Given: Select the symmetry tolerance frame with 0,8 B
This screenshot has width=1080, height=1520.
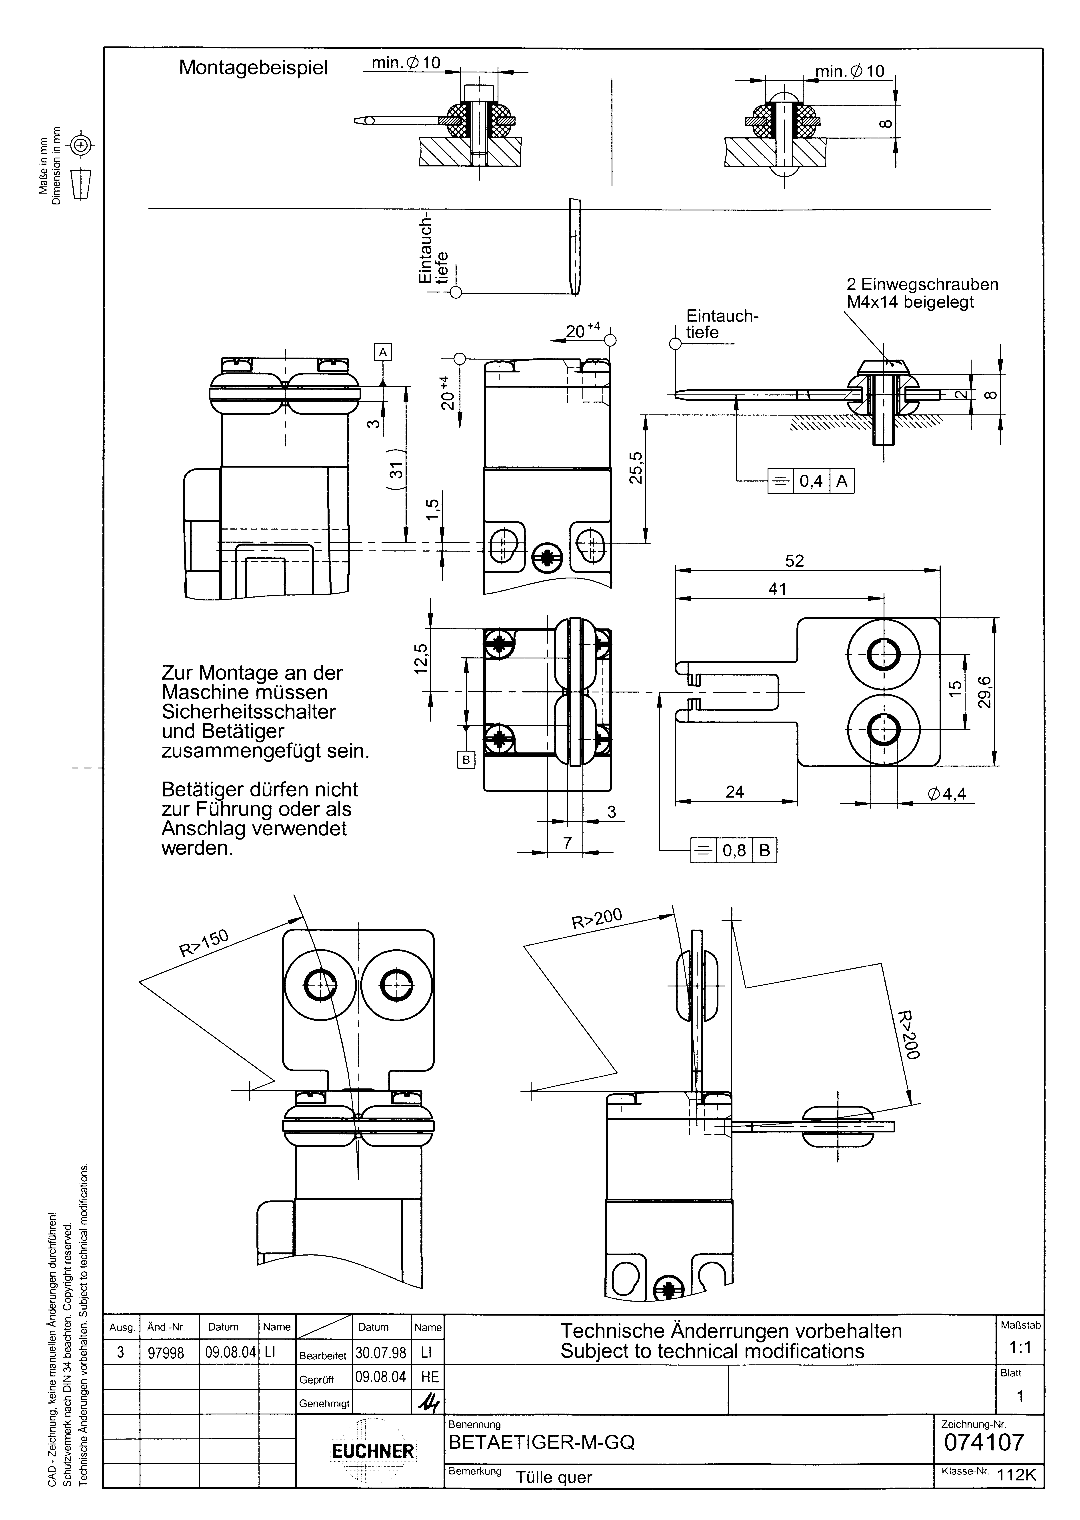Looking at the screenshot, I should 734,850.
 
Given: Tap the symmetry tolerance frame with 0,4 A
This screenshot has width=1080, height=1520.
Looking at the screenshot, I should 811,481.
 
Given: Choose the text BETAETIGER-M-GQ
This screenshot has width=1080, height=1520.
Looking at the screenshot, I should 542,1442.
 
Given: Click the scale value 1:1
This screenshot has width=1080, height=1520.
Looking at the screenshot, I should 1020,1347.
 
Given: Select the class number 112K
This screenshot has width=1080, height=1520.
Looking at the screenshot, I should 1016,1474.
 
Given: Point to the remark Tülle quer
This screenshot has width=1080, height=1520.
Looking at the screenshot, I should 554,1478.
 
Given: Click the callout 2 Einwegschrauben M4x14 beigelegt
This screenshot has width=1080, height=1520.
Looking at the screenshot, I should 922,293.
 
